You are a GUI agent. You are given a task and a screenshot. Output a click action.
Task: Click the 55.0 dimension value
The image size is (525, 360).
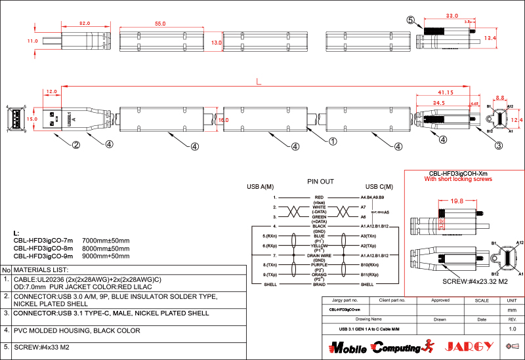point(160,24)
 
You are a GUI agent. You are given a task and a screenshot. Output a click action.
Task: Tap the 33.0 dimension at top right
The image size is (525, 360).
point(451,15)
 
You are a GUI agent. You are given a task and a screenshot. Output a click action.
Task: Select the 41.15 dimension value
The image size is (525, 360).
point(446,92)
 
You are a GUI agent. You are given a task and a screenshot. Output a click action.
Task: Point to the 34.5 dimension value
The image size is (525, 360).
point(439,103)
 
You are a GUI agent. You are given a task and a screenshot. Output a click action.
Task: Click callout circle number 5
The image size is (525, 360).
point(411,20)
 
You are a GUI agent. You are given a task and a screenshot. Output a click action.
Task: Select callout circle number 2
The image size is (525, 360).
point(76,145)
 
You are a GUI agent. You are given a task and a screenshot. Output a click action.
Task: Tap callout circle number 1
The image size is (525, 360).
point(333,141)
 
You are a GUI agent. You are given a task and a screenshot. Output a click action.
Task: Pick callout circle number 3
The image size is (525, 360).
point(499,146)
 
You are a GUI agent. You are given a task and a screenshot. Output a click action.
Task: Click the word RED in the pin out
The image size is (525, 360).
point(320,197)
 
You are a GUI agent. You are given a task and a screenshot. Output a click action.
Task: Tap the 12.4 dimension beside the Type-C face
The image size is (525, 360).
point(517,120)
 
